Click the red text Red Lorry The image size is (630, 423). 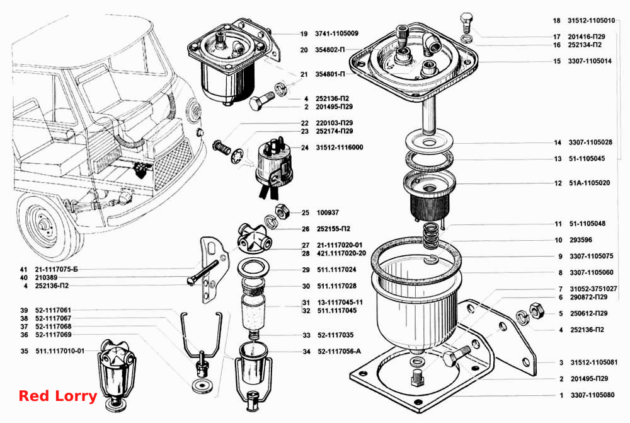pos(58,396)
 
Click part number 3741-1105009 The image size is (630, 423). pos(336,33)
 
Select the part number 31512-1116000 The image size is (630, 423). pos(339,148)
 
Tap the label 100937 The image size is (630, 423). pos(328,212)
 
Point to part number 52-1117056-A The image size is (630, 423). pos(339,351)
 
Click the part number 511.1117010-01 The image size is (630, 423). pos(60,351)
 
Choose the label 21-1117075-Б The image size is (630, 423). pos(56,269)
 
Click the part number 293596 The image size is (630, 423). pos(581,240)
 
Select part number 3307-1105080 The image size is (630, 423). pos(592,395)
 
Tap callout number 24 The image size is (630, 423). pos(304,148)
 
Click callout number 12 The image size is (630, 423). pos(558,183)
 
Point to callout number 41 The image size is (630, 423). pos(24,269)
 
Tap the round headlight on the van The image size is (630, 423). pos(194,109)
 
